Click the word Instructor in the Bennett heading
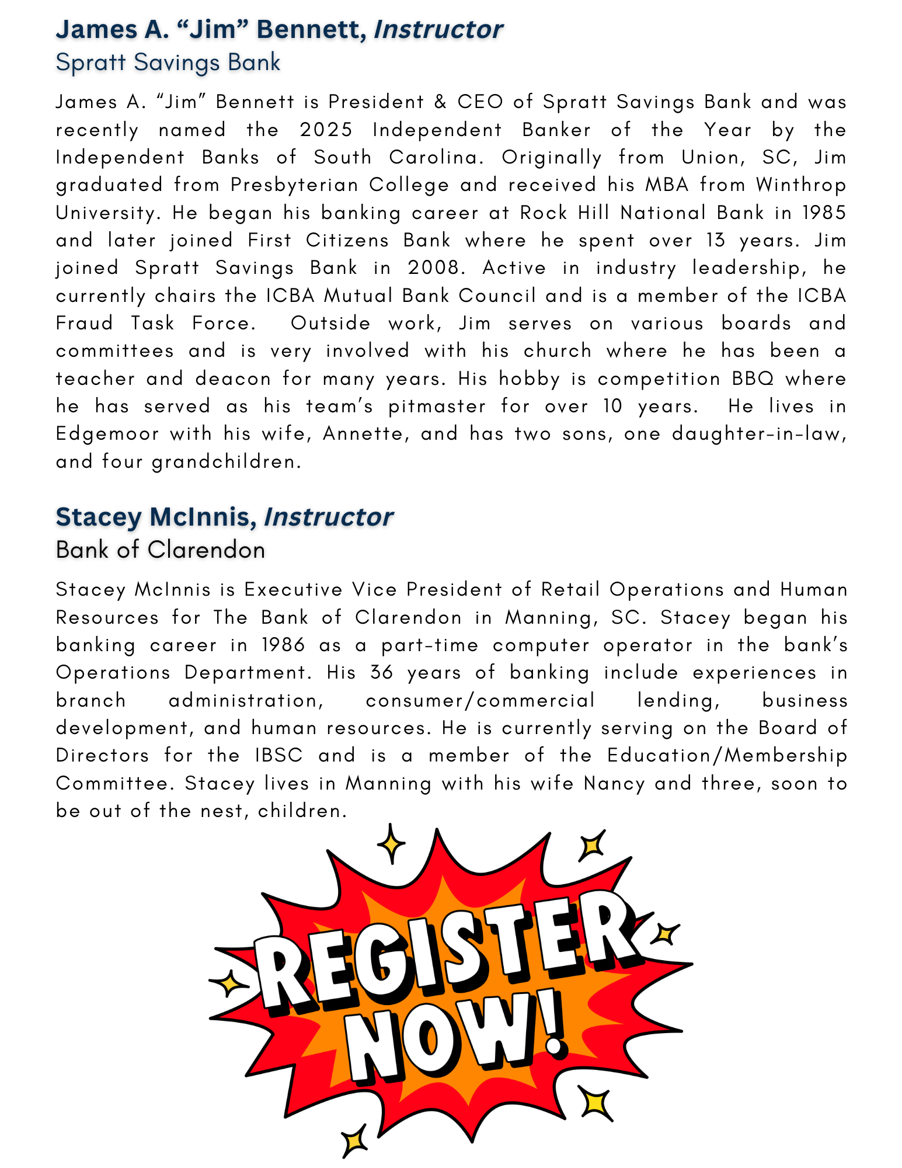point(438,30)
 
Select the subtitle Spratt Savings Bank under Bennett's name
point(168,62)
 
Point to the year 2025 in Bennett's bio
point(326,130)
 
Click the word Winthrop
point(801,185)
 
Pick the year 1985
point(824,213)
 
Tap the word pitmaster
point(437,406)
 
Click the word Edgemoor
point(107,434)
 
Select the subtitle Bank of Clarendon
point(161,550)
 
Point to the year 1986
point(283,645)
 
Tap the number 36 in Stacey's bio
point(382,673)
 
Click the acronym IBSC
point(279,756)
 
